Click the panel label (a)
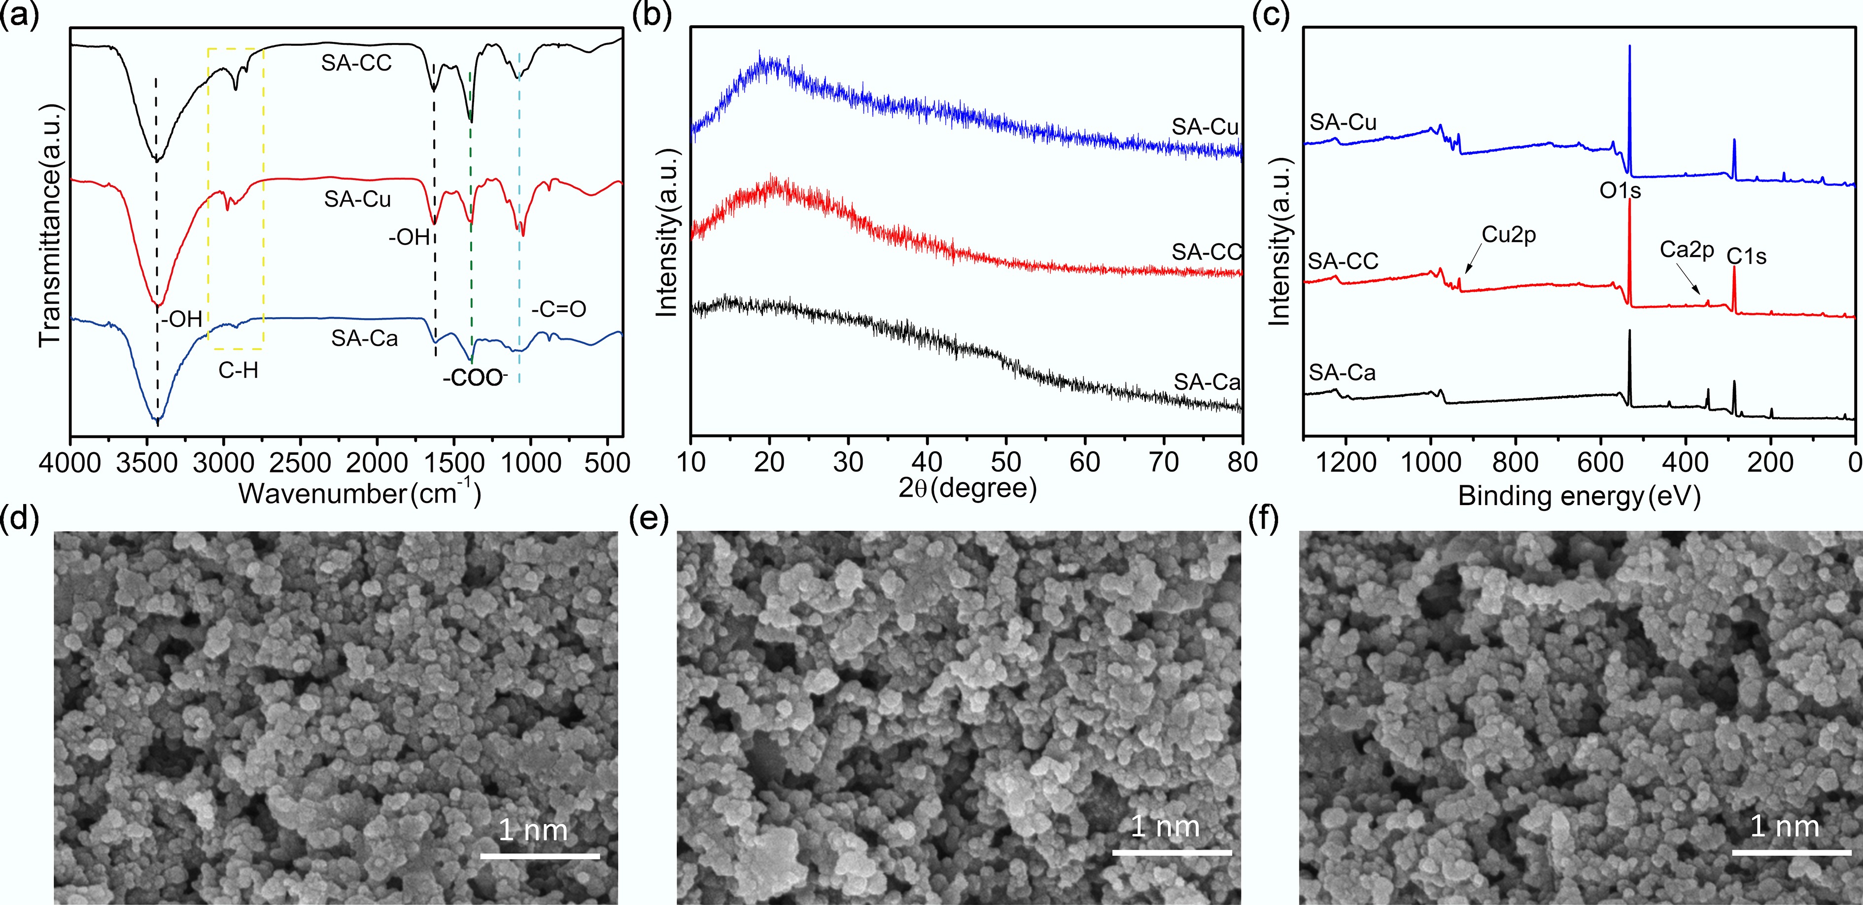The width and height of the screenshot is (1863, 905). tap(20, 14)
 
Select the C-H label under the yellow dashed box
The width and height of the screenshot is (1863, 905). tap(238, 371)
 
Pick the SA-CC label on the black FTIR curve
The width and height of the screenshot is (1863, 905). tap(356, 64)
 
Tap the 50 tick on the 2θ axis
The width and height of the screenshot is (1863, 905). tap(1005, 462)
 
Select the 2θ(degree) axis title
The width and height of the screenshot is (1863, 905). tap(967, 489)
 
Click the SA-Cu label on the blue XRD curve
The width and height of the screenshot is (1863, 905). tap(1205, 127)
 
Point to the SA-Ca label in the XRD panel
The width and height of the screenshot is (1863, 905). tap(1207, 382)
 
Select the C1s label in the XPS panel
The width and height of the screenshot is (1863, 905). tap(1747, 257)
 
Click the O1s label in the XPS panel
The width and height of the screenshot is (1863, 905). tap(1620, 191)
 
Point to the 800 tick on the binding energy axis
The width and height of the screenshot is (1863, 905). tap(1515, 462)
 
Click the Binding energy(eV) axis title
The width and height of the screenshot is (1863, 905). tap(1579, 496)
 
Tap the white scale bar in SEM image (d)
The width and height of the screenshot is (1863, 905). tap(540, 857)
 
